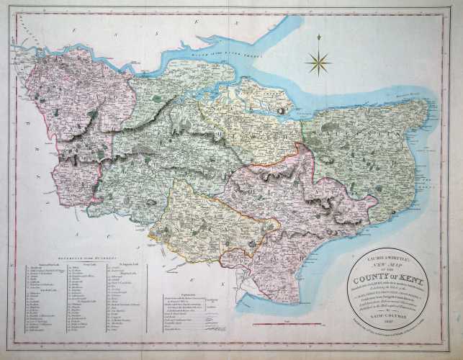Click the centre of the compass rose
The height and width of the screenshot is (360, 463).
[317, 63]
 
